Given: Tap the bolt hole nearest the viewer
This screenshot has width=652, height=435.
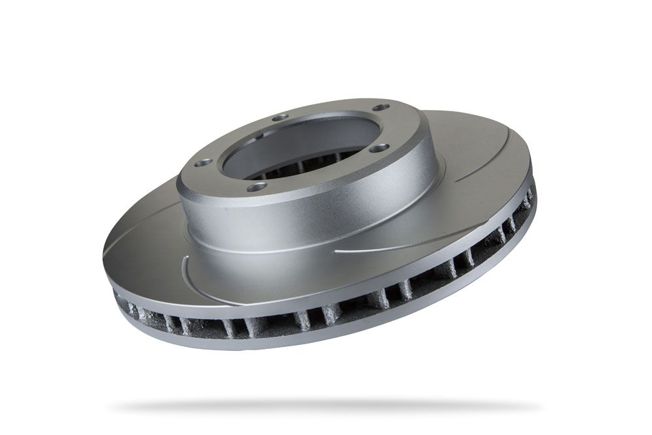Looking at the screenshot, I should click(x=259, y=187).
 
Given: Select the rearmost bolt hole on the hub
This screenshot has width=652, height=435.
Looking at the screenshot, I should click(x=383, y=109).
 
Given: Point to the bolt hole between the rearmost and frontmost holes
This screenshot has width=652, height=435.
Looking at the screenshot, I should click(x=383, y=148).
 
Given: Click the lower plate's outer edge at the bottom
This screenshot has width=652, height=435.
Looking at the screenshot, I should click(x=293, y=346).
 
